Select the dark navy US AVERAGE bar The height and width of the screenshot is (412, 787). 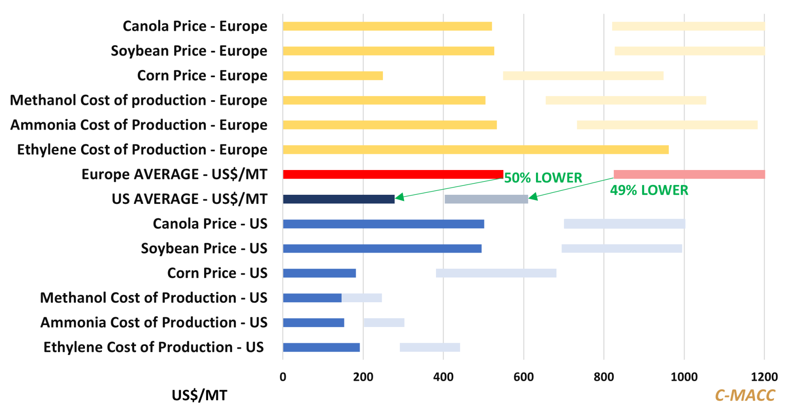click(338, 199)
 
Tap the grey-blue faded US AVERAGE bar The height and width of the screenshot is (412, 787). click(486, 199)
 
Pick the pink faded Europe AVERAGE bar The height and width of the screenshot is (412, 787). click(689, 174)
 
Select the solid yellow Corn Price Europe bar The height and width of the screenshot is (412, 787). click(333, 76)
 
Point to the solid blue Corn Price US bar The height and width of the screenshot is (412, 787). click(319, 273)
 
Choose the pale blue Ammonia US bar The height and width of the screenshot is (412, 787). click(384, 323)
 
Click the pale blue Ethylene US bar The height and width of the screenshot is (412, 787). click(430, 347)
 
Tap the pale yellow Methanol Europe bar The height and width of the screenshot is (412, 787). click(626, 100)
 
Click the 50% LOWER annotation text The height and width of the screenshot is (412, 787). click(543, 178)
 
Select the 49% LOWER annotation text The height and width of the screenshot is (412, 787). click(649, 190)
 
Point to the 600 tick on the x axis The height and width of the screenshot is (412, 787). click(523, 377)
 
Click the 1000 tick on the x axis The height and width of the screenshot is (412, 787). click(684, 377)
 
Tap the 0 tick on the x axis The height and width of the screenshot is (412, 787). click(283, 377)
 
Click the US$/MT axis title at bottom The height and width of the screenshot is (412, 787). click(200, 395)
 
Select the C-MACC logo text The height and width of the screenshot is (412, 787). click(745, 395)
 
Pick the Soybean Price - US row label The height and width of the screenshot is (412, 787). click(204, 248)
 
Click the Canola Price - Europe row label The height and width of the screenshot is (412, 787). click(195, 26)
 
